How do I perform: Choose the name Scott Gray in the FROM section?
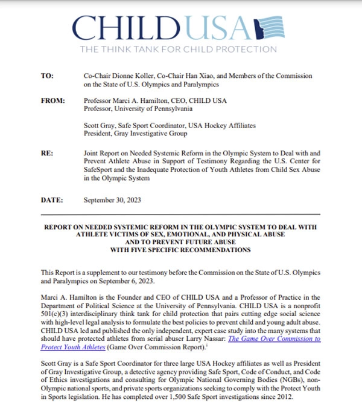(102, 125)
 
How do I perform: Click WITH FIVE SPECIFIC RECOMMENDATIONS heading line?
(180, 249)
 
